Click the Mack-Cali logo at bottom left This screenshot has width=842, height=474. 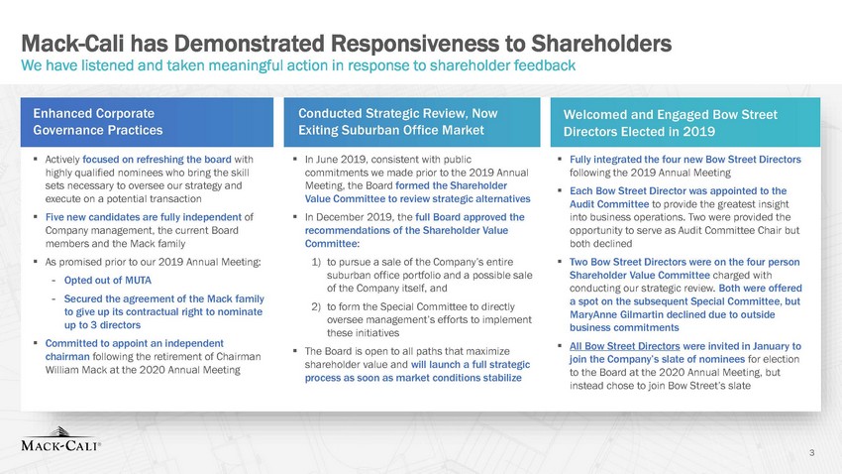tap(60, 439)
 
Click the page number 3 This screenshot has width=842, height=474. tap(812, 452)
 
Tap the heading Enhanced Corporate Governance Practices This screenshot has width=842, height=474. tap(98, 121)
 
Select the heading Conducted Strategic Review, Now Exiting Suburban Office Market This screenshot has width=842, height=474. tap(398, 121)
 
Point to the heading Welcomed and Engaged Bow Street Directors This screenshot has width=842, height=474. tap(671, 123)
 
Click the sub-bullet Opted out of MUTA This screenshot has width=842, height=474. tap(107, 280)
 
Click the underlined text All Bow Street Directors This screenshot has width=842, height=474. tap(624, 346)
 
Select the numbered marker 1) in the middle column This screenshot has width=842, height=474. tap(316, 262)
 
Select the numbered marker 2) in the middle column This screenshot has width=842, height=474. tap(316, 306)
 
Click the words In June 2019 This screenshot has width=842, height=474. tap(336, 160)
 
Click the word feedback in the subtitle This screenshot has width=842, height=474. tap(545, 65)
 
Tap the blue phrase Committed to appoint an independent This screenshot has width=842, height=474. tap(135, 343)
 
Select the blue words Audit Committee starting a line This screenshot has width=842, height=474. tap(609, 204)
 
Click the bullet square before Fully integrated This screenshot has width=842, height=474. tap(559, 159)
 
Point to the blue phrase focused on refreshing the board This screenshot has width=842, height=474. tap(157, 160)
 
